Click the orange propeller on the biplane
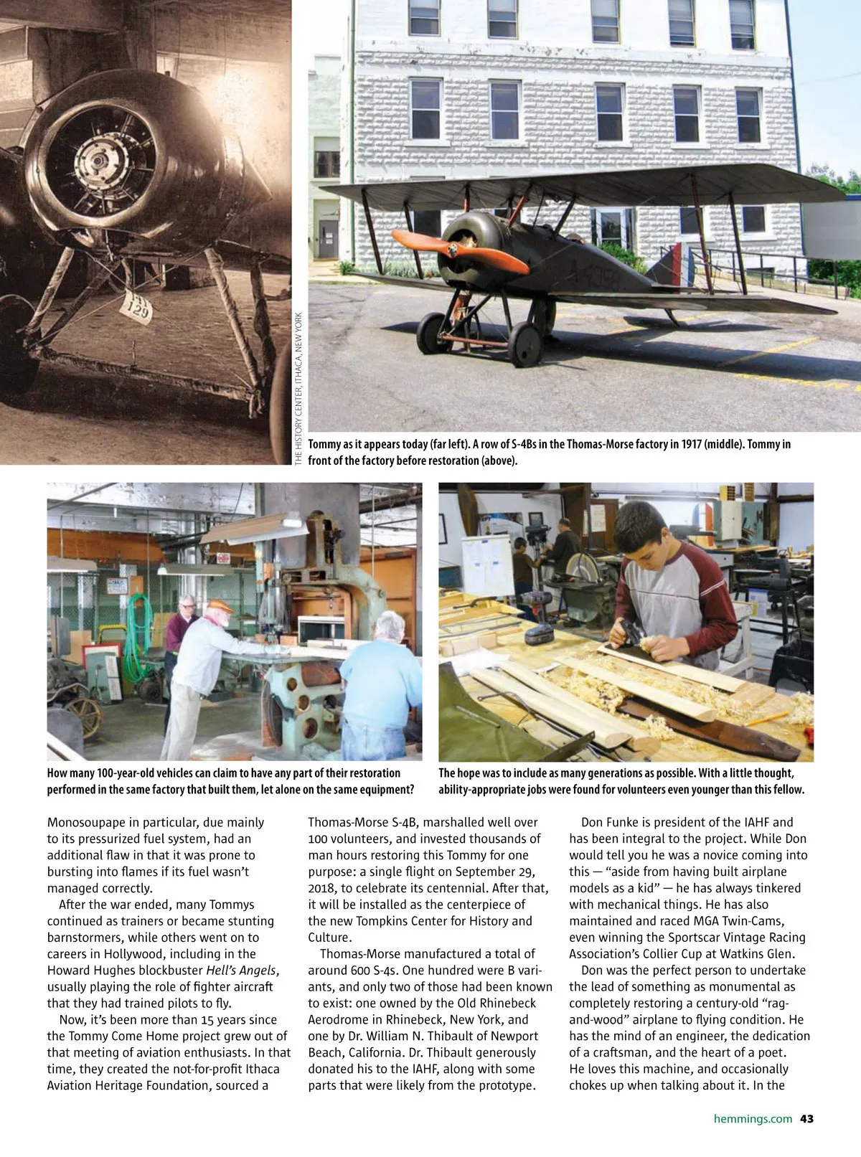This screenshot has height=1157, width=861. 459,251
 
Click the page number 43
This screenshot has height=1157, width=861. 806,1118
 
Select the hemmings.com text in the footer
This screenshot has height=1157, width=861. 753,1118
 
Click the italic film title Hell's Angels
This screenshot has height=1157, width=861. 241,971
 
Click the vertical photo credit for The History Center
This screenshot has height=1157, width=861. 298,388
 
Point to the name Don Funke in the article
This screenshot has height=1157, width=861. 611,822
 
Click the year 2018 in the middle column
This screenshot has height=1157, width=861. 324,888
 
